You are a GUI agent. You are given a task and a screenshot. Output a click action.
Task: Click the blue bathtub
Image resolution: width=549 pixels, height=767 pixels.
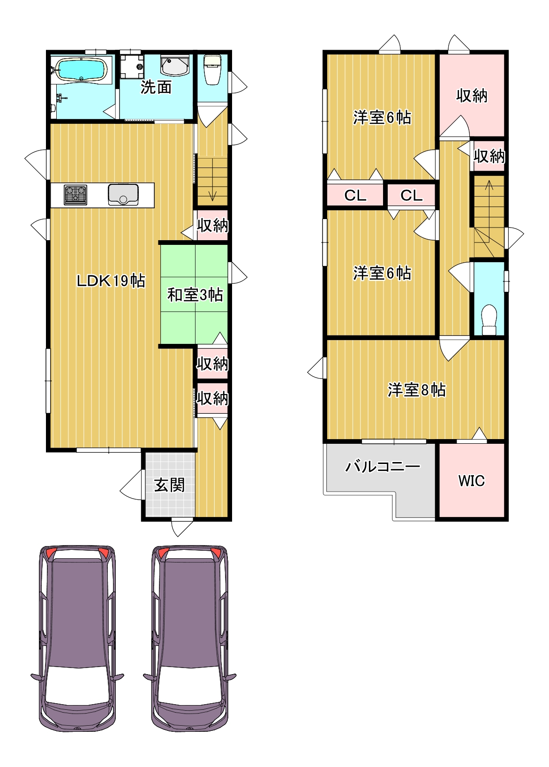[x=81, y=69]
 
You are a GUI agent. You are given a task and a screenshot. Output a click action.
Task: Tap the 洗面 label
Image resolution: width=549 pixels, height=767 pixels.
[x=156, y=88]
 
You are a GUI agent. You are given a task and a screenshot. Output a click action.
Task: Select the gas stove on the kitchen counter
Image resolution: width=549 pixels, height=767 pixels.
[x=75, y=195]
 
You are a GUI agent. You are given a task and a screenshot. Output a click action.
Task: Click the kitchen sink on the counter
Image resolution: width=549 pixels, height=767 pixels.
[x=123, y=195]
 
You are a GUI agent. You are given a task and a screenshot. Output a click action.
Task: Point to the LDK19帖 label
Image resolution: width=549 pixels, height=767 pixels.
[x=111, y=281]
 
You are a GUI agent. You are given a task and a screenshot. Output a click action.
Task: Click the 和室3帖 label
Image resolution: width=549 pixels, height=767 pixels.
[x=195, y=295]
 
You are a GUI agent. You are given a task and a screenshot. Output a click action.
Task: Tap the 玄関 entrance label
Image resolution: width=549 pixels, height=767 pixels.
[x=169, y=485]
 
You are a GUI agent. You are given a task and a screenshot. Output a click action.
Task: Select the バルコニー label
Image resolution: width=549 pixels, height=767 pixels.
[x=382, y=466]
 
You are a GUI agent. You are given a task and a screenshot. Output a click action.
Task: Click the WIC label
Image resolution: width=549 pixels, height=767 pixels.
[x=471, y=481]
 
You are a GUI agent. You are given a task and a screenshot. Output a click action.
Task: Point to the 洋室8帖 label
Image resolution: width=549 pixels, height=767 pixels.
[x=416, y=390]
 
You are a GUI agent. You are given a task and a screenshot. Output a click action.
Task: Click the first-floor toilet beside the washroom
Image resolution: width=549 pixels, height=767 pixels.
[x=212, y=70]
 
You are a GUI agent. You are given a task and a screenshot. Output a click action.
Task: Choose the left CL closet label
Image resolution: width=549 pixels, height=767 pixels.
[x=355, y=196]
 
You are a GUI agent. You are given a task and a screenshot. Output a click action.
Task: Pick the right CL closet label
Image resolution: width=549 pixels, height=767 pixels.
[x=412, y=196]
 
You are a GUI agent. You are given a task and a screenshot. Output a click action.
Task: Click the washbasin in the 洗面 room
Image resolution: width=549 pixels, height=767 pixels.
[x=174, y=65]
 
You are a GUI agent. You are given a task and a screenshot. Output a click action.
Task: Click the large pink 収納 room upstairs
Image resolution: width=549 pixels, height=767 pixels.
[x=472, y=95]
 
